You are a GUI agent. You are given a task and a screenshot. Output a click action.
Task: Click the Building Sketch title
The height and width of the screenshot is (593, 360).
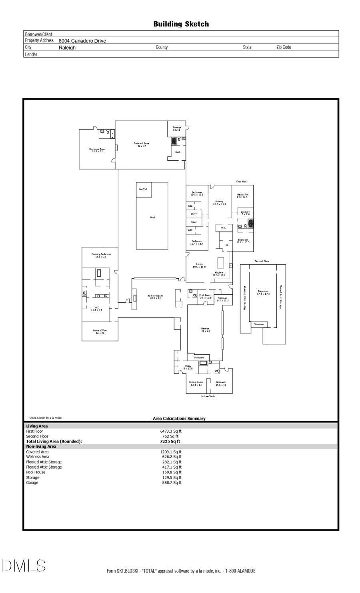(x=181, y=24)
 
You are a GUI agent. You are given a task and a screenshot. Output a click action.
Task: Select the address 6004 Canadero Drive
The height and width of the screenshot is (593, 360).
(x=82, y=41)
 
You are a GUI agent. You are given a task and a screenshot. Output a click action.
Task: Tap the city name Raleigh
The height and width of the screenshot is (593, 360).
(x=67, y=48)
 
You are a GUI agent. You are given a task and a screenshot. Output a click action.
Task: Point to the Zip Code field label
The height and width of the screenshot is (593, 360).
(x=284, y=47)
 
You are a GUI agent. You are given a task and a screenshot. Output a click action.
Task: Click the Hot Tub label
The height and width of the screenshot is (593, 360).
(x=143, y=189)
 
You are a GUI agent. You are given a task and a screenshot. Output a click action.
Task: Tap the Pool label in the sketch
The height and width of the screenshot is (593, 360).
(x=152, y=218)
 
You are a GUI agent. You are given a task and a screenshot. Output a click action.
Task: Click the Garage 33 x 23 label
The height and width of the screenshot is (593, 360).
(x=205, y=330)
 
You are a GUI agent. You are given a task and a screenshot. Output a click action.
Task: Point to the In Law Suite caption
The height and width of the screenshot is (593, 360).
(x=208, y=396)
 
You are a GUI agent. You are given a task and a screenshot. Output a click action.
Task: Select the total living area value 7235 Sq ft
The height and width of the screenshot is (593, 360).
(x=170, y=441)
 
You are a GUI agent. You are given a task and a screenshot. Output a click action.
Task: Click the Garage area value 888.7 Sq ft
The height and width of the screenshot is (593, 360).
(x=171, y=483)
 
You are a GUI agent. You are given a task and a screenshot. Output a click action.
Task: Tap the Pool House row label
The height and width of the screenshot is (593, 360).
(x=36, y=472)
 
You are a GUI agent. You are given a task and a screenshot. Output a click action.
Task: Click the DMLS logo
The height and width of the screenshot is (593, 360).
(x=24, y=566)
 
